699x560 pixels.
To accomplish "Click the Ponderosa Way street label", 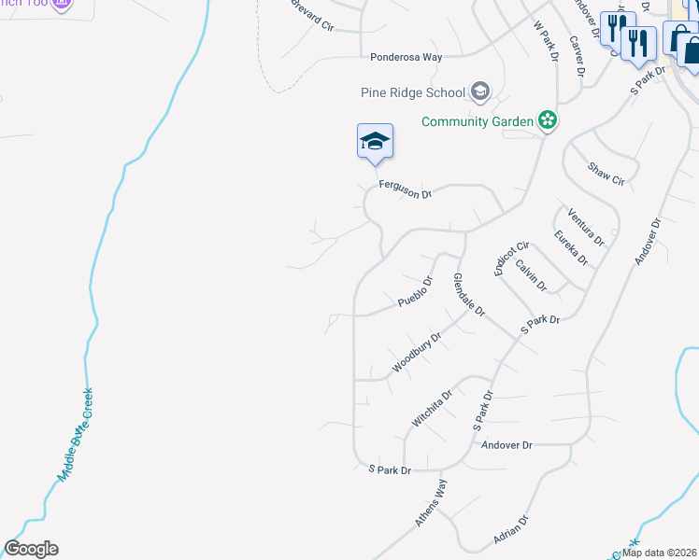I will (x=406, y=57).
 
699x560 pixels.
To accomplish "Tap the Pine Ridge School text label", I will (x=413, y=91).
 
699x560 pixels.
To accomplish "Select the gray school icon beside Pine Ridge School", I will (x=480, y=91).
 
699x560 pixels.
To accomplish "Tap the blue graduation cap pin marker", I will (x=375, y=142).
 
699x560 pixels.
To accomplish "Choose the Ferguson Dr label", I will (x=406, y=190).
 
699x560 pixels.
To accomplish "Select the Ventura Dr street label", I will (x=586, y=227).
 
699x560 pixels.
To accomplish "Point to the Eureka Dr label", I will (x=570, y=247).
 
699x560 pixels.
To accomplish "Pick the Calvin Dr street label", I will (x=531, y=275).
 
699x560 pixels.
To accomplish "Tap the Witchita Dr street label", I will (x=434, y=408).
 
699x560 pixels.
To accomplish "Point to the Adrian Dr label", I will (x=511, y=532).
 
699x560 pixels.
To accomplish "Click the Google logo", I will (x=31, y=549).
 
